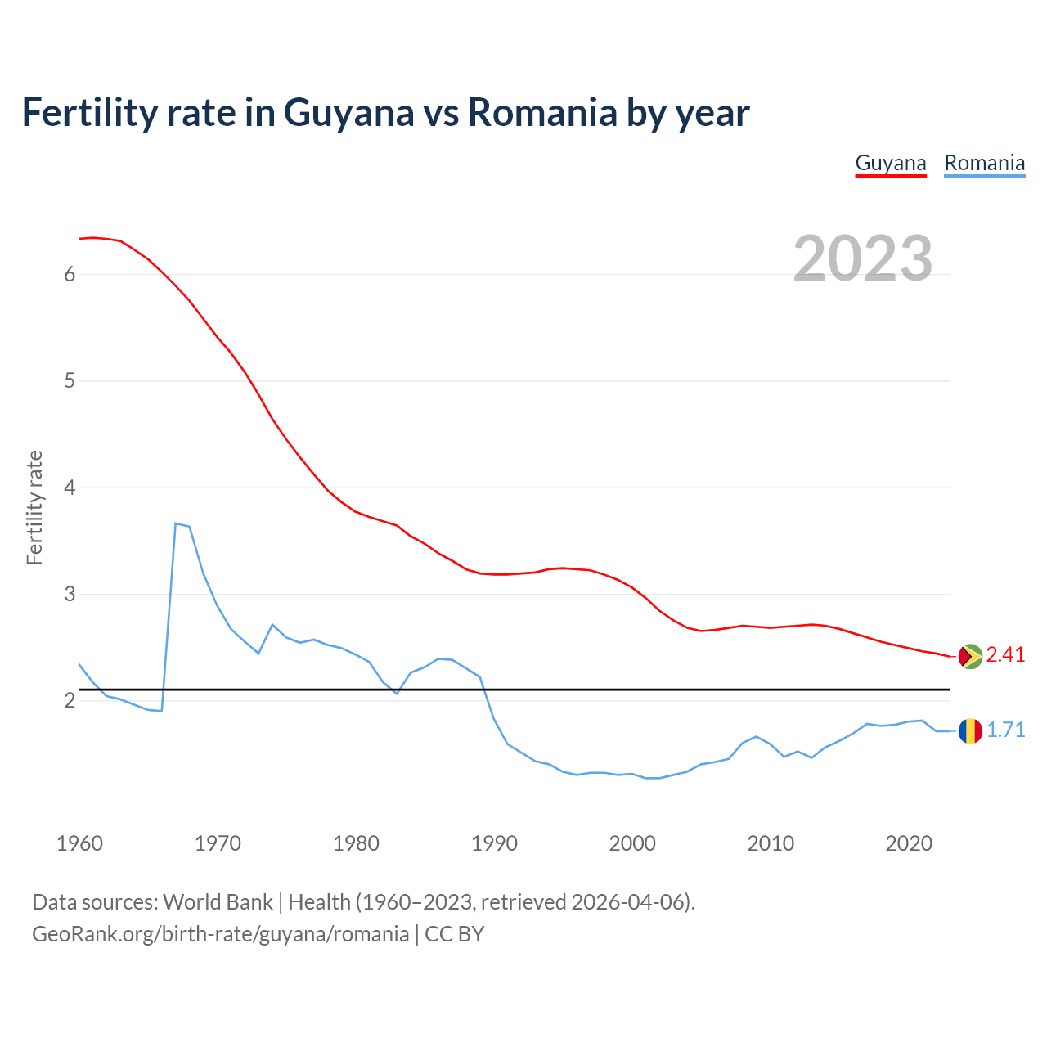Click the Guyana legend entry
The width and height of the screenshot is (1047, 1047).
pos(891,163)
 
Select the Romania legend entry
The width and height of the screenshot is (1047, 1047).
pos(984,163)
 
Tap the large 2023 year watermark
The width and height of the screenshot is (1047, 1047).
pos(863,258)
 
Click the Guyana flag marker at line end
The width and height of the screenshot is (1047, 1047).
pos(970,656)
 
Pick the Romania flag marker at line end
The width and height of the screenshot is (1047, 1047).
pos(970,730)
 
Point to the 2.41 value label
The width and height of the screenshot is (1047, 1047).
pos(1005,654)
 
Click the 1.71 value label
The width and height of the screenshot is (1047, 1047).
pos(1005,730)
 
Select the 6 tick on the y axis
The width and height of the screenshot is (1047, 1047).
pos(70,275)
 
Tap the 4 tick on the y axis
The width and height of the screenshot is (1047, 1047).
pos(70,488)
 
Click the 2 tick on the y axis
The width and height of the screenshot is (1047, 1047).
pos(70,701)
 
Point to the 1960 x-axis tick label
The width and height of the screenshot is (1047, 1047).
pos(79,843)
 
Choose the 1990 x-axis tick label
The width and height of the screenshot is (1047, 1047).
pos(494,843)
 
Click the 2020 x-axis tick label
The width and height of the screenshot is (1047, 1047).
pos(909,843)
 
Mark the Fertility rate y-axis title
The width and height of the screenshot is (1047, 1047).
pos(34,507)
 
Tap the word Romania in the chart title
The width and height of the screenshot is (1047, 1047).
pos(542,112)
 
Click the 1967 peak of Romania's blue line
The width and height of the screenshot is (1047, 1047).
pos(176,523)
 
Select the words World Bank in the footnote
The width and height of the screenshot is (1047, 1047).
pos(218,902)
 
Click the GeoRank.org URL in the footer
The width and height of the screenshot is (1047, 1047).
pos(220,934)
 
